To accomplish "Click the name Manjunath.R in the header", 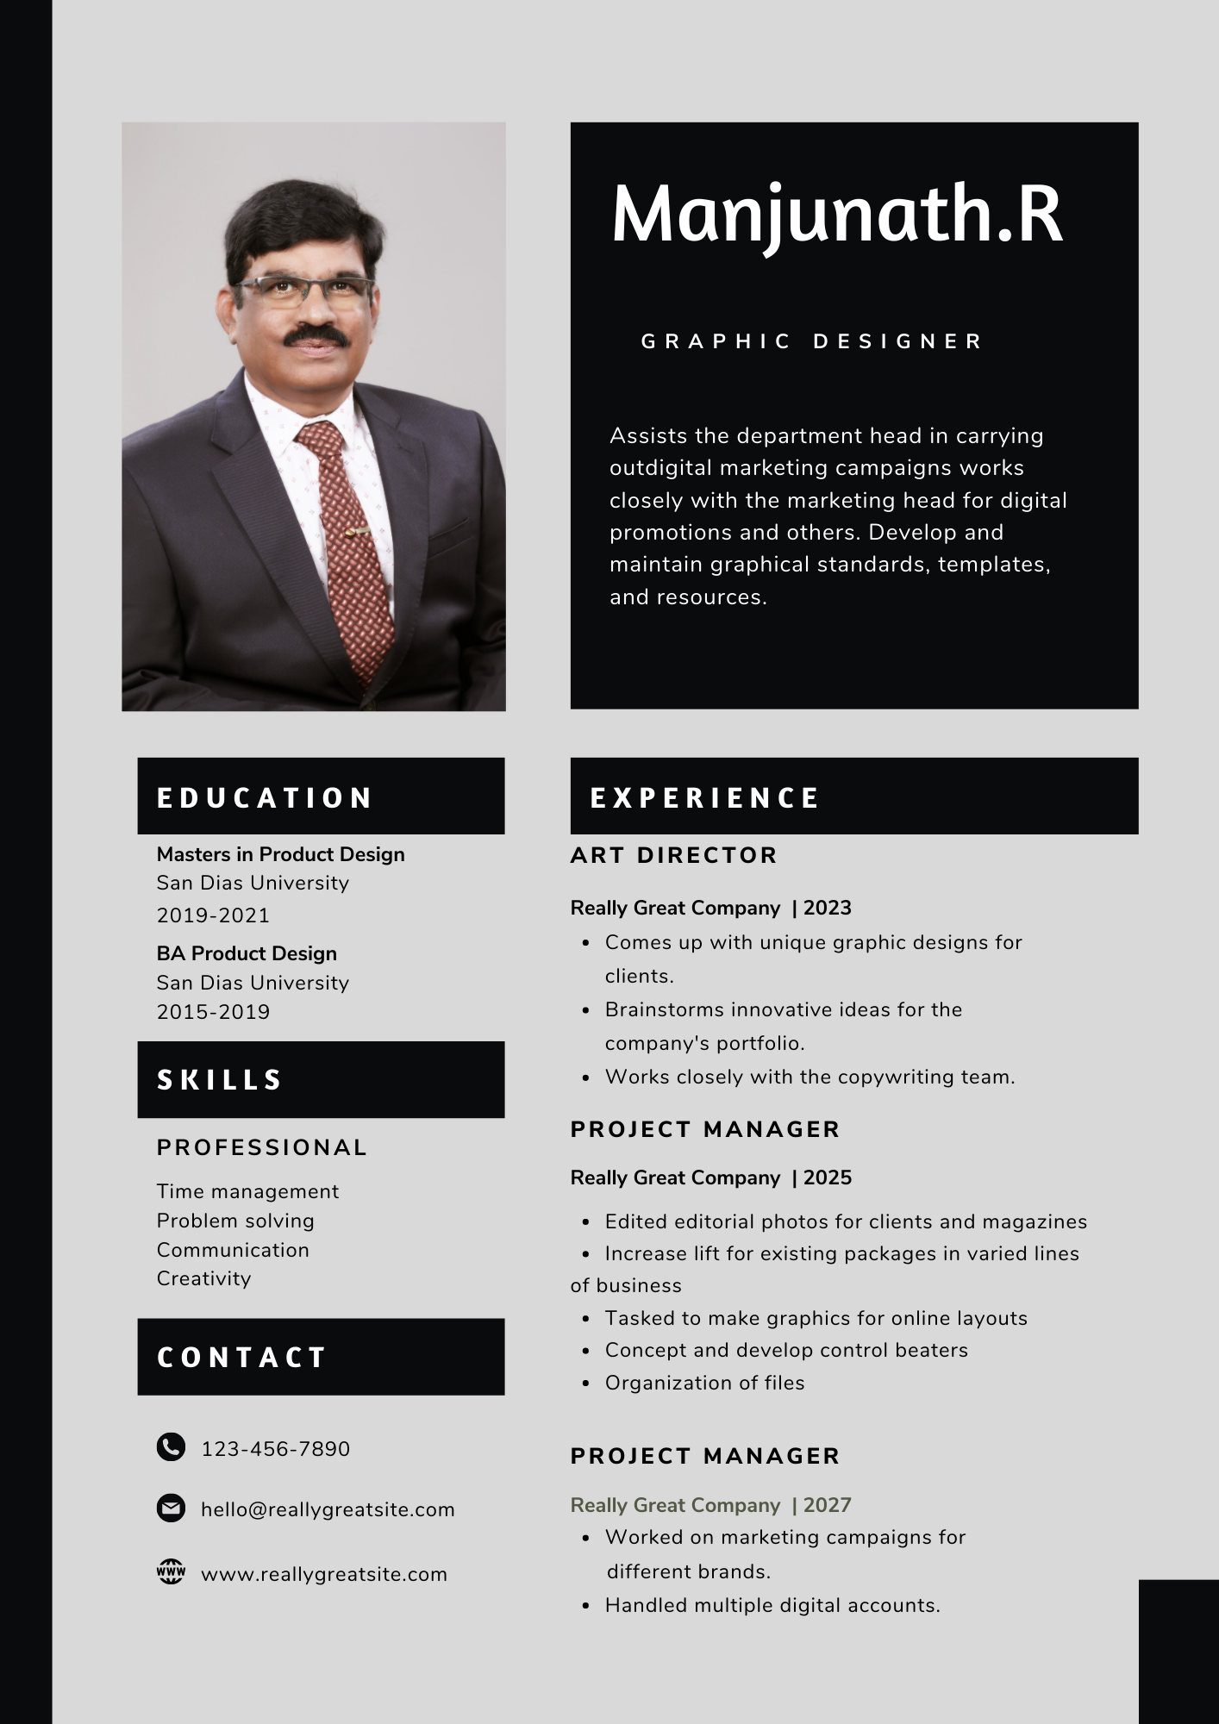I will [836, 215].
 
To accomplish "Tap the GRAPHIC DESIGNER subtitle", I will [811, 341].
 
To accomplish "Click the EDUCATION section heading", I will [264, 797].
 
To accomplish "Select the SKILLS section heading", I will [220, 1080].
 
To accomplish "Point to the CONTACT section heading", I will [241, 1358].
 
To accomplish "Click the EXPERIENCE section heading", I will [704, 797].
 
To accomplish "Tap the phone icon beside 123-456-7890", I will [171, 1446].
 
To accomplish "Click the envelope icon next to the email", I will [171, 1508].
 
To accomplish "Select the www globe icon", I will [171, 1571].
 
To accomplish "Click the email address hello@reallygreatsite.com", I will [328, 1509].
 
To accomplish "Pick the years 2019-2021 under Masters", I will [213, 915].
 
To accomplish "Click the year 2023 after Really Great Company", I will [828, 908].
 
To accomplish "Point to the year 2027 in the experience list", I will [828, 1505].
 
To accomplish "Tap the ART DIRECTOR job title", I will [673, 855].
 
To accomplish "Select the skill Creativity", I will [203, 1278].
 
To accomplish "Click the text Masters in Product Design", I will [280, 854].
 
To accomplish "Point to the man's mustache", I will [316, 334].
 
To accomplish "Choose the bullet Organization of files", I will [704, 1383].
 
